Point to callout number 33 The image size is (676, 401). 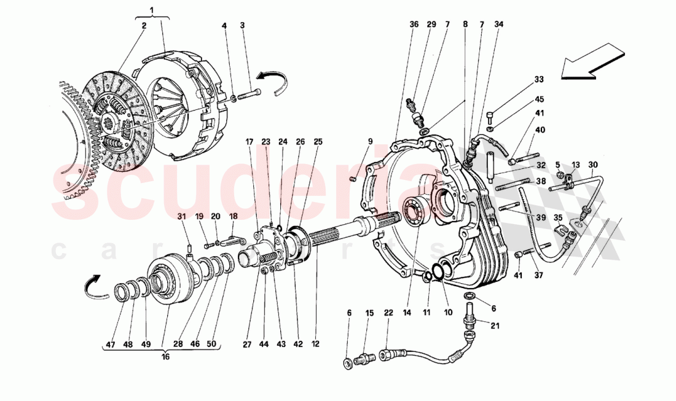539,79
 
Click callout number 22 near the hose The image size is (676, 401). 388,313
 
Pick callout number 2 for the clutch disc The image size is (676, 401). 143,26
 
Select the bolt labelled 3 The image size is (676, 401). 248,94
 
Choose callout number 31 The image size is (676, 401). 181,216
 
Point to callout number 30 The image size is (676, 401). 592,165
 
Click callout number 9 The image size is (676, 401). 371,142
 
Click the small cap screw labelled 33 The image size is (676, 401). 490,115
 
